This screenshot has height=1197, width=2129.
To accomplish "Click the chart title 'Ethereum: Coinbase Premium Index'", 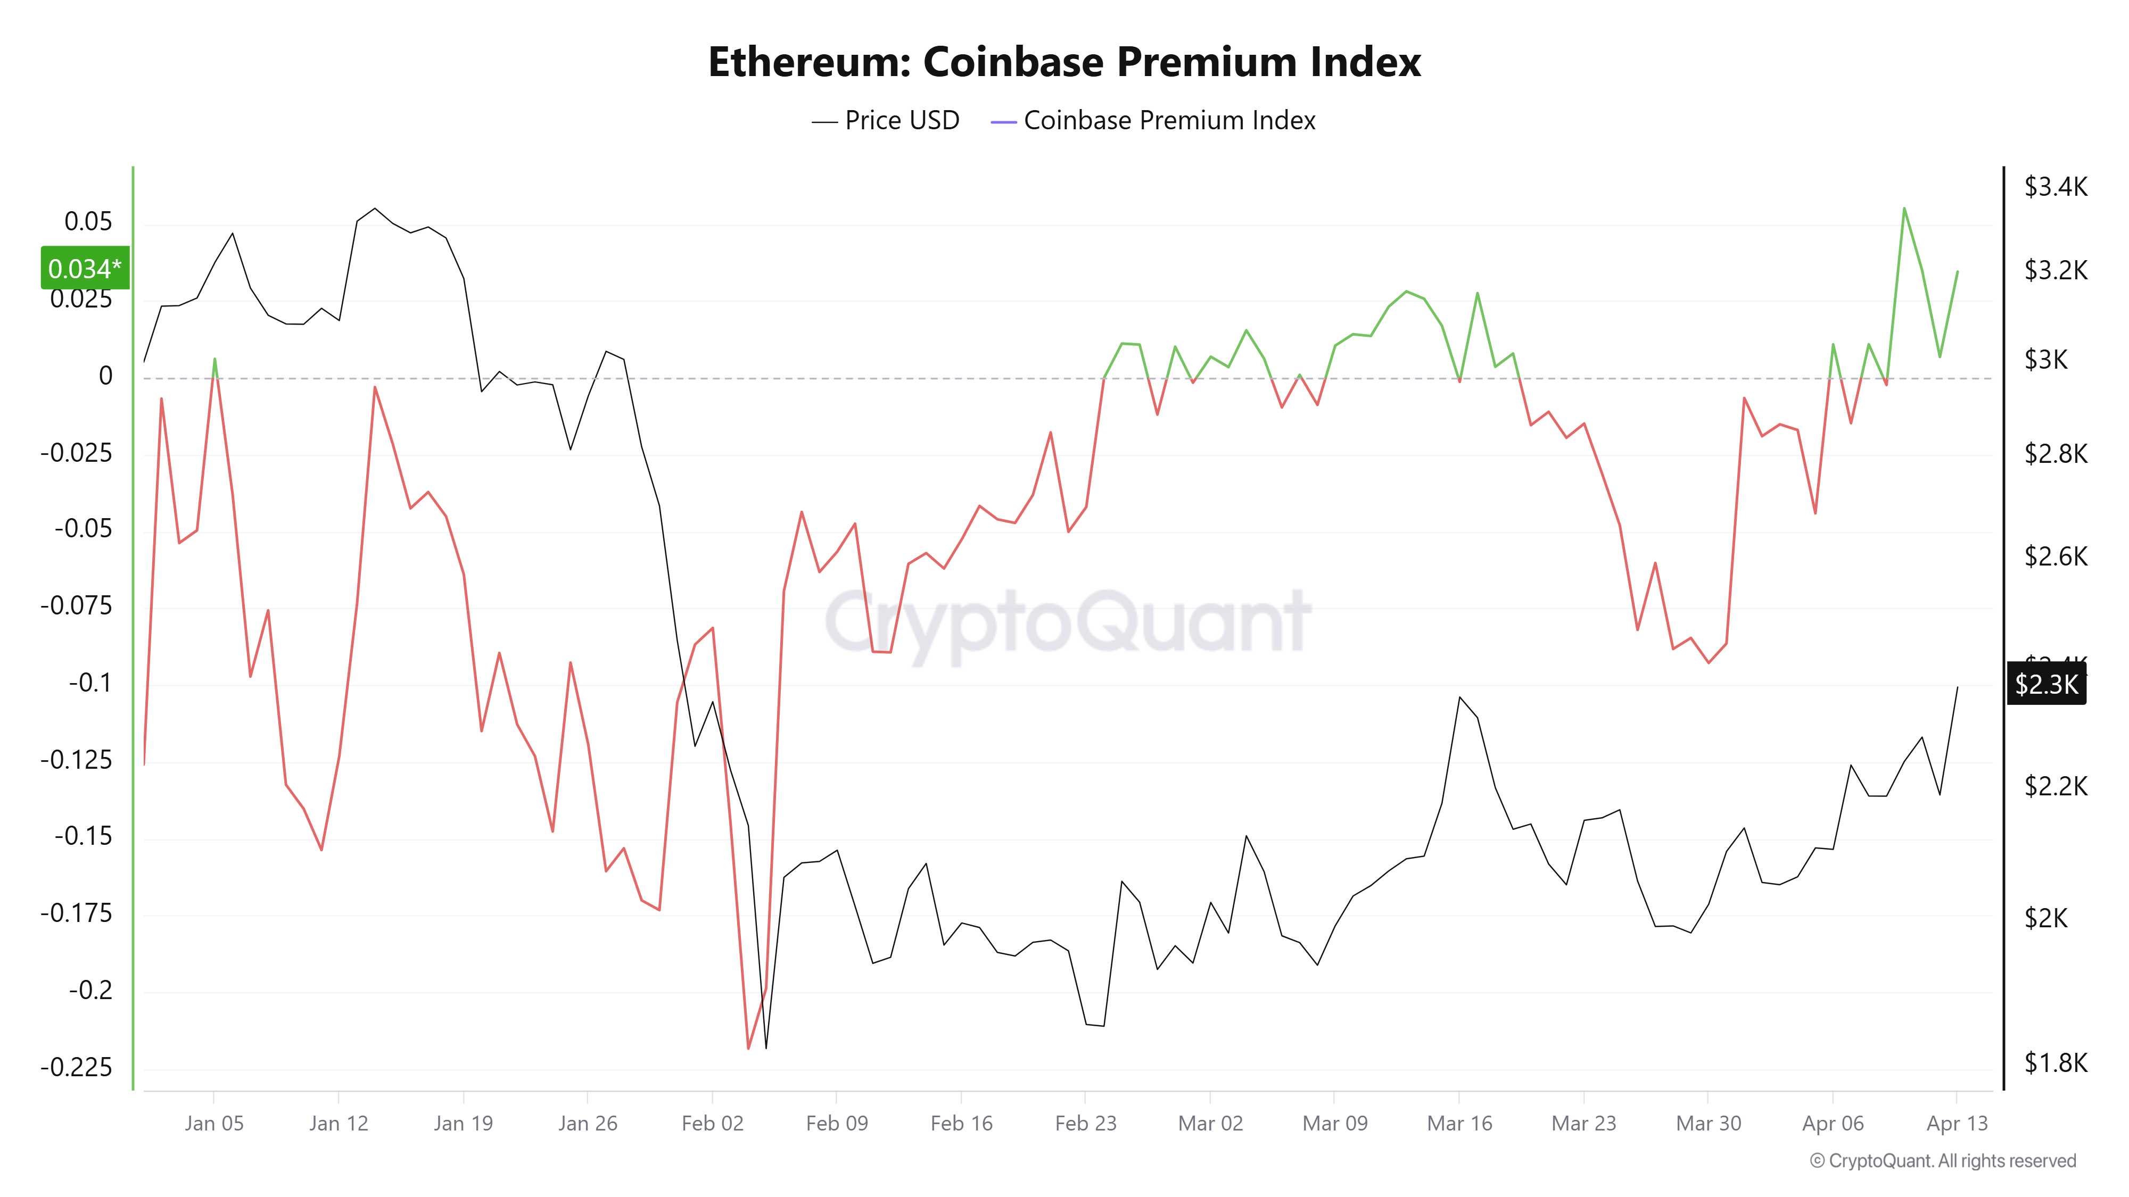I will pos(1064,62).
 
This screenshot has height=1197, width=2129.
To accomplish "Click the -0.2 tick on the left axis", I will pos(91,990).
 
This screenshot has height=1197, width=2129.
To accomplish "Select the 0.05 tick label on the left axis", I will pos(88,221).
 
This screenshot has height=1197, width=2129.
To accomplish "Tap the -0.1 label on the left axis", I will pos(91,683).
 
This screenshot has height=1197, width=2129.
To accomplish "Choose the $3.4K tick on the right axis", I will pos(2056,187).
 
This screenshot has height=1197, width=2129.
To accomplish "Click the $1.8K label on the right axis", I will pos(2056,1062).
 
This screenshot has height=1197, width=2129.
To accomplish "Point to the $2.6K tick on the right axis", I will pos(2056,556).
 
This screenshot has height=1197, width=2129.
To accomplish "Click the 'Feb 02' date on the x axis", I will pos(713,1124).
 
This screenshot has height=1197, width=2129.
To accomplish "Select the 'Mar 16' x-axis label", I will pos(1459,1124).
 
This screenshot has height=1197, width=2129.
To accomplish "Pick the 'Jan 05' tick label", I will pos(214,1124).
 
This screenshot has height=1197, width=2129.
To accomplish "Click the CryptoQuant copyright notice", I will pos(1942,1161).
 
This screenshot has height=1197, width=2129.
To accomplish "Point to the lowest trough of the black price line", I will pos(766,1048).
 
